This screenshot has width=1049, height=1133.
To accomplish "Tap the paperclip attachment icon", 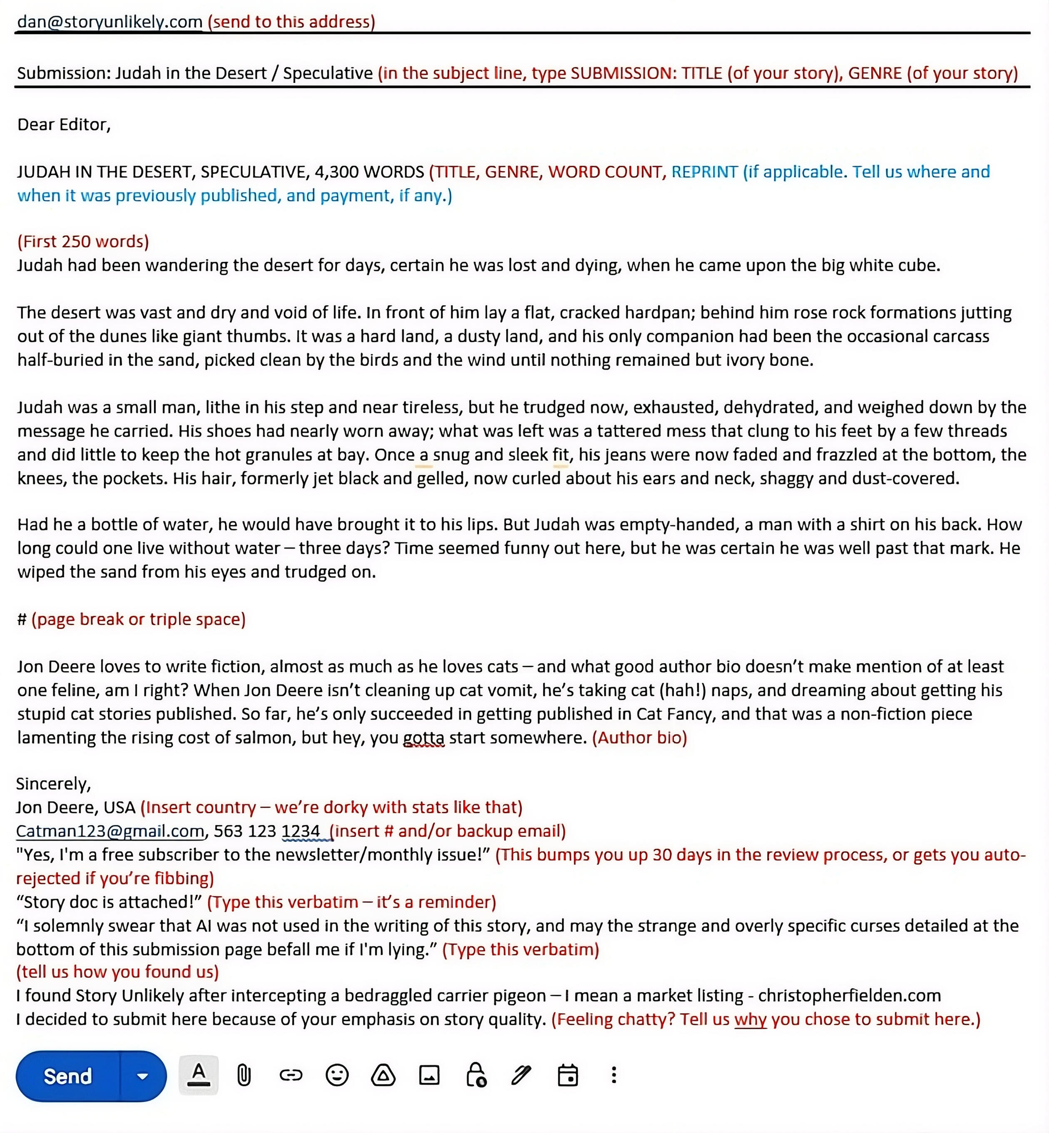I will pyautogui.click(x=244, y=1075).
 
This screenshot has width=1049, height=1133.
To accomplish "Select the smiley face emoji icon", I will pyautogui.click(x=337, y=1075).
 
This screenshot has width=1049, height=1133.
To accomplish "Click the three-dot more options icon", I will pyautogui.click(x=614, y=1075).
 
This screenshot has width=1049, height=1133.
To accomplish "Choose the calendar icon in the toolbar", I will pyautogui.click(x=568, y=1075).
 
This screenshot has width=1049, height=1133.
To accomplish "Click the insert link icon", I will pyautogui.click(x=291, y=1075).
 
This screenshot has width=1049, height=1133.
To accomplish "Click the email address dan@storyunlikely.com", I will pyautogui.click(x=109, y=22).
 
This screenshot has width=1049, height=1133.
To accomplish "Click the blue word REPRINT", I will pyautogui.click(x=704, y=171).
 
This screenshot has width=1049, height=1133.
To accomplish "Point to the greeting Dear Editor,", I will pyautogui.click(x=64, y=124).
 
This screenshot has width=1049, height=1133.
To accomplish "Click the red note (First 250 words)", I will pyautogui.click(x=83, y=241).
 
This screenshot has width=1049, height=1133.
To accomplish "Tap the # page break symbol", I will pyautogui.click(x=22, y=619).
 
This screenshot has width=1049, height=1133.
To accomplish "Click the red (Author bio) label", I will pyautogui.click(x=639, y=737).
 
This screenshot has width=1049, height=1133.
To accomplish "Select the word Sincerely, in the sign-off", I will pyautogui.click(x=53, y=784).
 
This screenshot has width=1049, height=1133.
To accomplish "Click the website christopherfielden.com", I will pyautogui.click(x=849, y=995).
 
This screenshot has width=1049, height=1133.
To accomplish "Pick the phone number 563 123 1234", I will pyautogui.click(x=267, y=831).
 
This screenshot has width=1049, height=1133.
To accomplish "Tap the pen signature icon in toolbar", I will pyautogui.click(x=521, y=1075).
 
